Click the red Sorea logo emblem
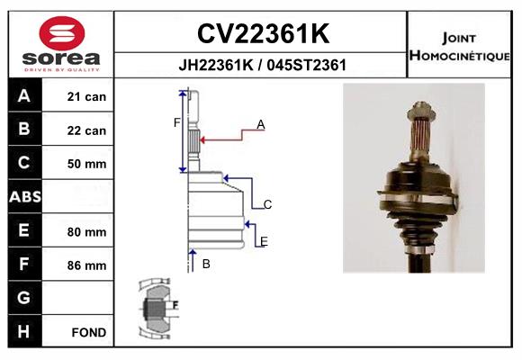point(62,33)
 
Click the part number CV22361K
point(264,33)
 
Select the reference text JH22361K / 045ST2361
point(263,65)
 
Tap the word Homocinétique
point(459,55)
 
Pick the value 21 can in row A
point(86,96)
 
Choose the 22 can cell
point(86,130)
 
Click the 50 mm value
point(86,164)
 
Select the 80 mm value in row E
point(86,232)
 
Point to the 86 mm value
point(86,265)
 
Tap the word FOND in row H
point(89,332)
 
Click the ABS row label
point(25,196)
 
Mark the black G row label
point(23,298)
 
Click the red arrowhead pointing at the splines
point(202,139)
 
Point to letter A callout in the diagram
point(261,124)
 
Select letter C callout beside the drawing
point(267,204)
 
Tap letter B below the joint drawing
point(206,264)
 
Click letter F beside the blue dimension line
point(176,123)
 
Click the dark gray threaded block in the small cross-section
point(154,309)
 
